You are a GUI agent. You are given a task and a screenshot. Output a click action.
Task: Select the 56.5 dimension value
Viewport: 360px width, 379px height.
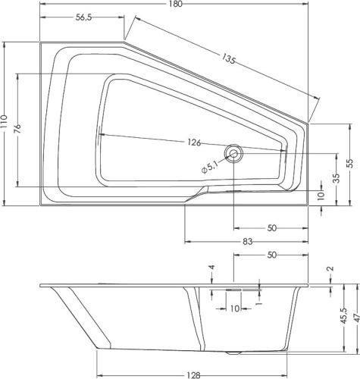coord(85,19)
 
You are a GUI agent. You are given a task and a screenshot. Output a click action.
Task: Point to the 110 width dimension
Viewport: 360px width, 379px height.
coord(6,123)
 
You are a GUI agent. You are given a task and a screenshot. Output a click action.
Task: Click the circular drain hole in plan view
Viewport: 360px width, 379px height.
coord(234,154)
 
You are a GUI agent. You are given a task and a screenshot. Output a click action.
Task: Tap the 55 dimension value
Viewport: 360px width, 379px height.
coord(350,163)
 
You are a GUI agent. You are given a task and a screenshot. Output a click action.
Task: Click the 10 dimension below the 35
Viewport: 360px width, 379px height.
coord(321,196)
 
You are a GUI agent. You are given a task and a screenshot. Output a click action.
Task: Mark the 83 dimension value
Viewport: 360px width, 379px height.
coord(247,241)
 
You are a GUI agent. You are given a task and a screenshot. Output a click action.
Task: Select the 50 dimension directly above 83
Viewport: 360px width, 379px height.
coord(271,227)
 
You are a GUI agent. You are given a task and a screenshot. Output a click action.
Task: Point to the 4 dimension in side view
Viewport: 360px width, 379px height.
coord(212,268)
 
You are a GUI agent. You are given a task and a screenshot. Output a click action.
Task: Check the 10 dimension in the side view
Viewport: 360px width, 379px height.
coord(234,309)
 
